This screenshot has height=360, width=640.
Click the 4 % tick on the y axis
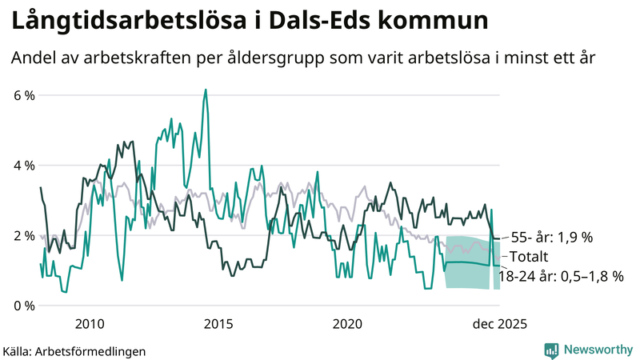(x=24, y=166)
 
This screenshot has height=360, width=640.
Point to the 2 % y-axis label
(x=24, y=236)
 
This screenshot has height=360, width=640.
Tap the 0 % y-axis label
(x=24, y=306)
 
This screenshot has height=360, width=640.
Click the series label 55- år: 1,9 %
(x=551, y=238)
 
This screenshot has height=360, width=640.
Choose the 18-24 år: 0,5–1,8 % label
(x=560, y=276)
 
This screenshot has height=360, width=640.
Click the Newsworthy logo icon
(x=551, y=350)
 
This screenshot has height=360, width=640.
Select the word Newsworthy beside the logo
(x=598, y=350)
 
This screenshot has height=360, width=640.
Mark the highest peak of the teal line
(x=206, y=90)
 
